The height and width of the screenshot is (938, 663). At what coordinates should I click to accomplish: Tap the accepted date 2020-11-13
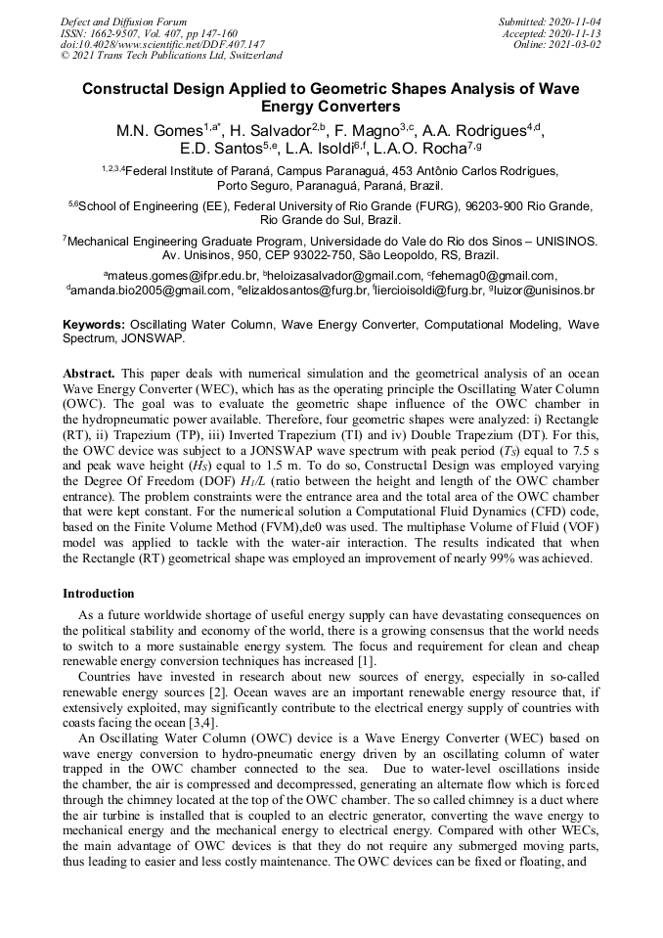click(x=576, y=33)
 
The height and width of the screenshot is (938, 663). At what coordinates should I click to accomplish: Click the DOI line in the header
click(x=163, y=45)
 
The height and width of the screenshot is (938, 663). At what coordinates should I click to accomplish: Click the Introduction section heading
click(x=99, y=594)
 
